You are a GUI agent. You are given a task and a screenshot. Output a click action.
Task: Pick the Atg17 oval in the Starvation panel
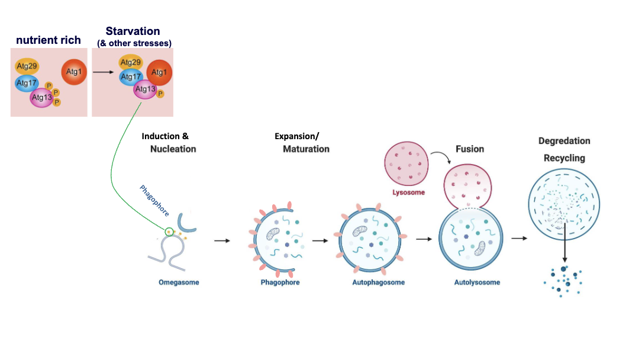pyautogui.click(x=131, y=76)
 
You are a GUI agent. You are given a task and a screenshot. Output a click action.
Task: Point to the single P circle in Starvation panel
pyautogui.click(x=160, y=94)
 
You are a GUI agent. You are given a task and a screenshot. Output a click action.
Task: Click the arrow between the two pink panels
pyautogui.click(x=103, y=72)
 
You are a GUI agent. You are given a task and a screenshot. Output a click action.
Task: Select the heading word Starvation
pyautogui.click(x=133, y=31)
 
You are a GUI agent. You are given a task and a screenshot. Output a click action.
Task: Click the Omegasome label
pyautogui.click(x=179, y=282)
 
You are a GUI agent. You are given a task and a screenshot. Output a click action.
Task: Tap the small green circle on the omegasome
pyautogui.click(x=170, y=232)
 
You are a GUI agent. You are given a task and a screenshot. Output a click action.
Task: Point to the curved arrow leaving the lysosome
pyautogui.click(x=441, y=157)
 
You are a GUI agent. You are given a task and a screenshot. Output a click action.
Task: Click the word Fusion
pyautogui.click(x=470, y=149)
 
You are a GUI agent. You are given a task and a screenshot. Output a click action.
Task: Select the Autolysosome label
pyautogui.click(x=477, y=282)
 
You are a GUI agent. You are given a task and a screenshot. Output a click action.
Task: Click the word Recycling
pyautogui.click(x=564, y=158)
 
